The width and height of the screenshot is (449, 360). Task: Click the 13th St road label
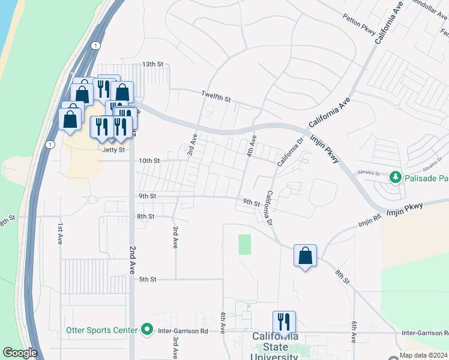tap(152, 64)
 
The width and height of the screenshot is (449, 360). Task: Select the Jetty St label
tap(114, 149)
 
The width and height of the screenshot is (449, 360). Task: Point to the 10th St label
tap(149, 161)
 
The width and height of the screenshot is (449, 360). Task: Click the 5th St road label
tap(148, 280)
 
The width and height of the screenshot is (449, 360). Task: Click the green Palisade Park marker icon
tap(396, 177)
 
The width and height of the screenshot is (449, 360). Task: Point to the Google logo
tap(20, 353)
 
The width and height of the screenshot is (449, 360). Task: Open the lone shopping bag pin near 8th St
tap(306, 256)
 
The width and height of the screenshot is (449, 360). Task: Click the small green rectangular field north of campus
tap(244, 244)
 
